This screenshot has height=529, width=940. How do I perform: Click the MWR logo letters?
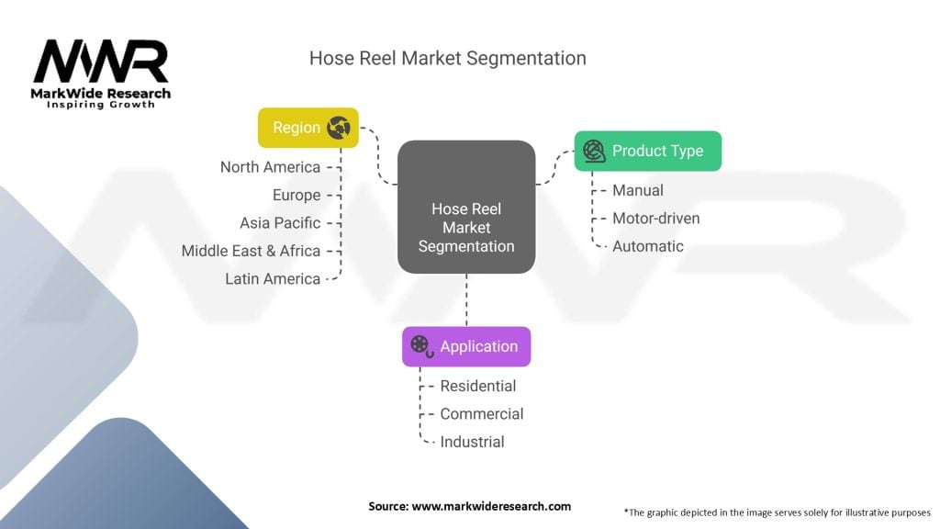101,62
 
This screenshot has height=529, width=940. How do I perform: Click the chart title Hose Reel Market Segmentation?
448,58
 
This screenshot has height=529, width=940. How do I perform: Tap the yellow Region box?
308,128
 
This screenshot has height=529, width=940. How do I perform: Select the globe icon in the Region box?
339,128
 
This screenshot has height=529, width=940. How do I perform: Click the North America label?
271,167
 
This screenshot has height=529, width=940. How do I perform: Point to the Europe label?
297,195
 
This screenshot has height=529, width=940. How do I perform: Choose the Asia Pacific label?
280,223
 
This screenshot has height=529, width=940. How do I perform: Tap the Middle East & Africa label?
252,251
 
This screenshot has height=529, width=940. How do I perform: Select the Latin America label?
273,279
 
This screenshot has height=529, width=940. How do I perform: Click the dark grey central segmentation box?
466,207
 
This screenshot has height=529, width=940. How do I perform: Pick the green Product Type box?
648,152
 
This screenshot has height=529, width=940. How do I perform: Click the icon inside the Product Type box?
594,152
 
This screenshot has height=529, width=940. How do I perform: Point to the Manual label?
638,191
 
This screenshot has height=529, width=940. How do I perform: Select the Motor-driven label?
655,219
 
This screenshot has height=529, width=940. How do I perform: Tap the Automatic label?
648,246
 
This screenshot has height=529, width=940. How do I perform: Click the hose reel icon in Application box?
422,346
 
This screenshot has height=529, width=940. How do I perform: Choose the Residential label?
477,387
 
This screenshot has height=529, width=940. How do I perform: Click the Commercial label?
482,414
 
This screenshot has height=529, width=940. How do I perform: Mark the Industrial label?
473,442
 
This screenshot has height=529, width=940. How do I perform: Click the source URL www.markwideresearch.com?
491,506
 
